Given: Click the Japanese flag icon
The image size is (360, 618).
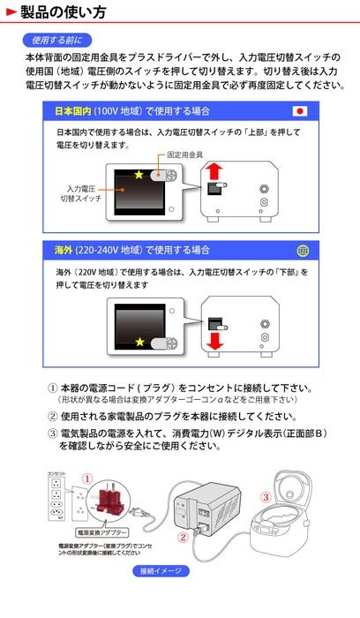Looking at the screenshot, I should click(x=302, y=112).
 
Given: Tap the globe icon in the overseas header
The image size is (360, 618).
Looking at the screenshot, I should click(x=302, y=250).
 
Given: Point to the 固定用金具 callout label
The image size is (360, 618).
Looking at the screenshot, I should click(x=185, y=154).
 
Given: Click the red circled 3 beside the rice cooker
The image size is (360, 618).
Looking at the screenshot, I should click(x=266, y=496).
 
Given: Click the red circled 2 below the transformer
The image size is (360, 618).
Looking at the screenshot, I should click(x=183, y=536).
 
